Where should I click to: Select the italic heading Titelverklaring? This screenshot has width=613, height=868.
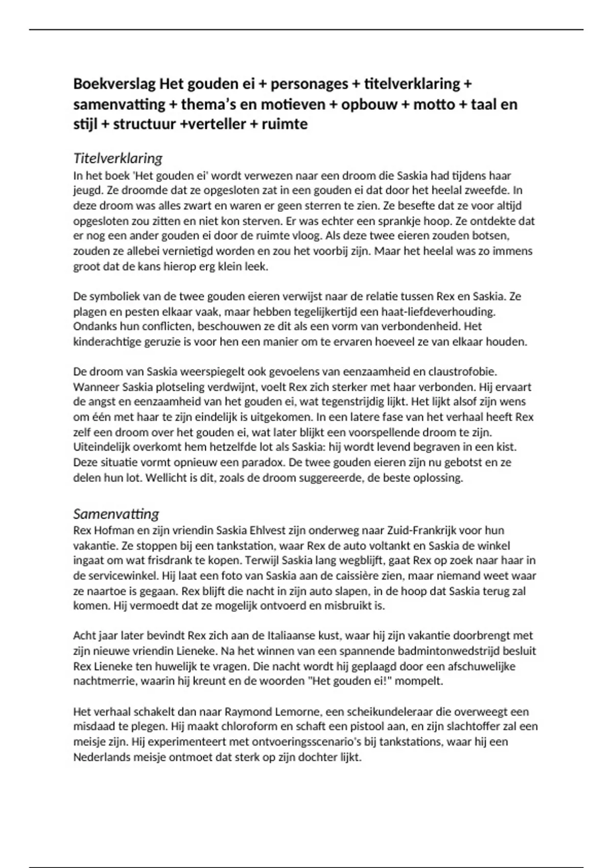click(x=118, y=158)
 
